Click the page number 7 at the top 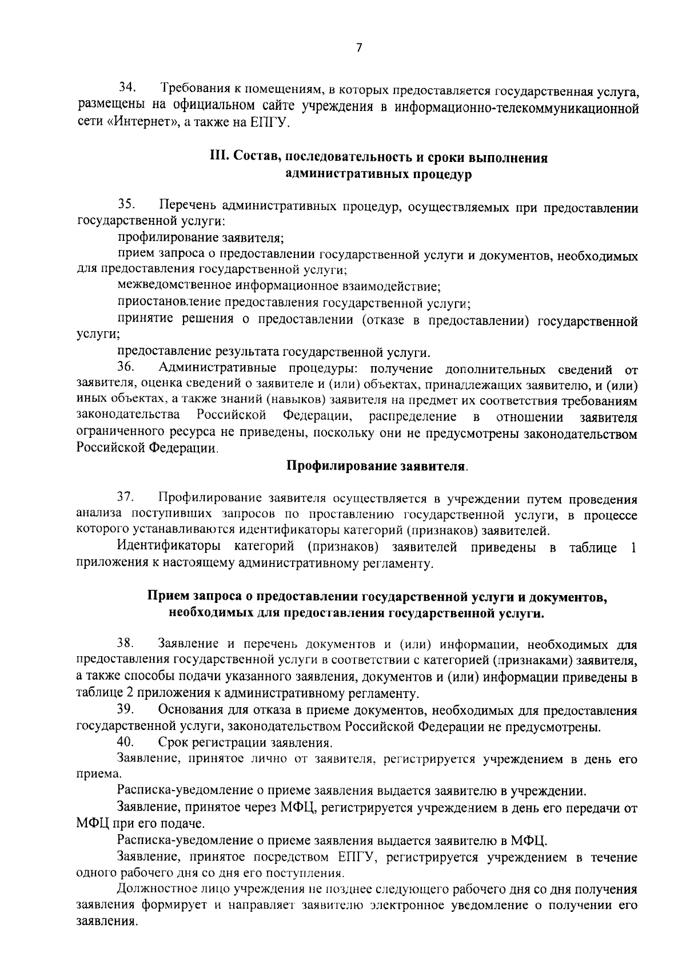[359, 49]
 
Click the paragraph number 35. [126, 204]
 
